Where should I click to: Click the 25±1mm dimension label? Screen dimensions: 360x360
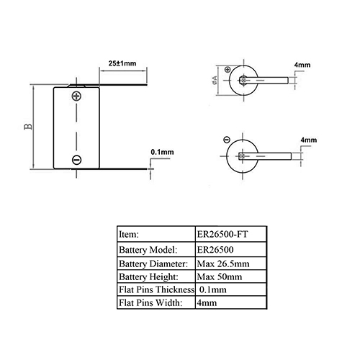pyautogui.click(x=122, y=63)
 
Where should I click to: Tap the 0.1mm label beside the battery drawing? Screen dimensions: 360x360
pyautogui.click(x=162, y=152)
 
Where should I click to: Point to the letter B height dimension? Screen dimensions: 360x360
pyautogui.click(x=28, y=127)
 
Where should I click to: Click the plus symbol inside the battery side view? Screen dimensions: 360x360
pyautogui.click(x=76, y=96)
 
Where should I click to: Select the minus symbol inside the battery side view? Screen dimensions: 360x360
pyautogui.click(x=76, y=160)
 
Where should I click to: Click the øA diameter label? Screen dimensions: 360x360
pyautogui.click(x=215, y=80)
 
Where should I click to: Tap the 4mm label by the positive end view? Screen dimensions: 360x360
pyautogui.click(x=302, y=65)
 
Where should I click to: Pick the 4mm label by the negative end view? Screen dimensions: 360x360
pyautogui.click(x=309, y=140)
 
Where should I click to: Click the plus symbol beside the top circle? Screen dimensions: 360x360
pyautogui.click(x=228, y=70)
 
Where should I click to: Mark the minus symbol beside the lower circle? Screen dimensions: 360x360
pyautogui.click(x=227, y=140)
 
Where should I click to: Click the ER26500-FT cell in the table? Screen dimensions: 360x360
pyautogui.click(x=222, y=234)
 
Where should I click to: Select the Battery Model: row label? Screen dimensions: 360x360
pyautogui.click(x=148, y=250)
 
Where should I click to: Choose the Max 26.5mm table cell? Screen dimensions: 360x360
pyautogui.click(x=223, y=264)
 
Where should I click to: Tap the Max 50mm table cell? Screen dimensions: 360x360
pyautogui.click(x=220, y=276)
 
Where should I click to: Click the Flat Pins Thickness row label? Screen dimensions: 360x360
pyautogui.click(x=157, y=289)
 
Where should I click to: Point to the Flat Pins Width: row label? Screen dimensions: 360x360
pyautogui.click(x=150, y=302)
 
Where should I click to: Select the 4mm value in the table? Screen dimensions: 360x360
pyautogui.click(x=207, y=303)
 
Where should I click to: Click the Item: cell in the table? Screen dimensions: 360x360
pyautogui.click(x=129, y=234)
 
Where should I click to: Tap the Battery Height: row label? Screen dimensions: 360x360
pyautogui.click(x=148, y=276)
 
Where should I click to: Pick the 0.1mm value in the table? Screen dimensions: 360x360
pyautogui.click(x=213, y=289)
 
